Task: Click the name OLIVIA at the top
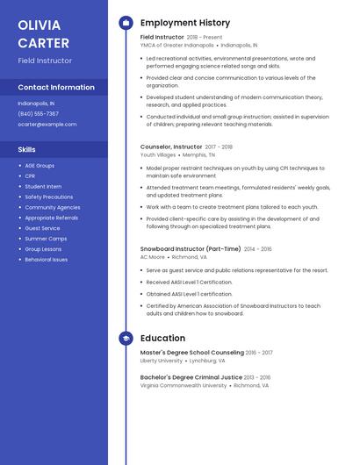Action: click(x=40, y=25)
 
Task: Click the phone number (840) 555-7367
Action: click(x=39, y=113)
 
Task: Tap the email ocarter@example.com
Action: click(x=47, y=125)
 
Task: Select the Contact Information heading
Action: click(x=56, y=87)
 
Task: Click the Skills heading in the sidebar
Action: click(x=27, y=149)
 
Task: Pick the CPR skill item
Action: click(x=30, y=175)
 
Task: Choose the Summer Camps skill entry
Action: click(x=46, y=239)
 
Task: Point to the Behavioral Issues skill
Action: click(x=47, y=260)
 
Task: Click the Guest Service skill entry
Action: click(x=43, y=228)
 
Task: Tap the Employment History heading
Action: click(x=185, y=23)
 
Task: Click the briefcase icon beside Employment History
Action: click(x=126, y=23)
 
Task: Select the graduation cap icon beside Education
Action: click(x=126, y=338)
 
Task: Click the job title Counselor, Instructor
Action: click(x=171, y=147)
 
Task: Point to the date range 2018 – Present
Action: click(x=205, y=38)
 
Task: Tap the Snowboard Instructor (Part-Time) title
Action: click(x=191, y=249)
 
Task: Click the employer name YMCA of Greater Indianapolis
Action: click(x=176, y=45)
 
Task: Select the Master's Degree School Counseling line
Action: click(x=193, y=353)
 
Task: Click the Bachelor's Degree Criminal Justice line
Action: click(x=192, y=377)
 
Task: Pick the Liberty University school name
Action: click(x=162, y=361)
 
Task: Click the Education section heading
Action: click(x=162, y=338)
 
